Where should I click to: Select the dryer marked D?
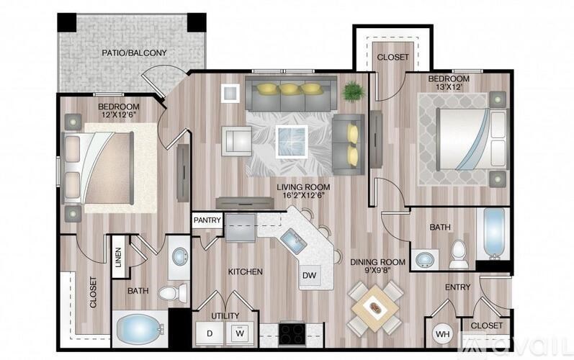210,333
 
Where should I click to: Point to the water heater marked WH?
442,334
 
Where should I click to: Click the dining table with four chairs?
375,308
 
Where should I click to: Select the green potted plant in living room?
353,91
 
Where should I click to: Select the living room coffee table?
292,138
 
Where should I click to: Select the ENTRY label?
457,287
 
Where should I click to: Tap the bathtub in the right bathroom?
495,233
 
